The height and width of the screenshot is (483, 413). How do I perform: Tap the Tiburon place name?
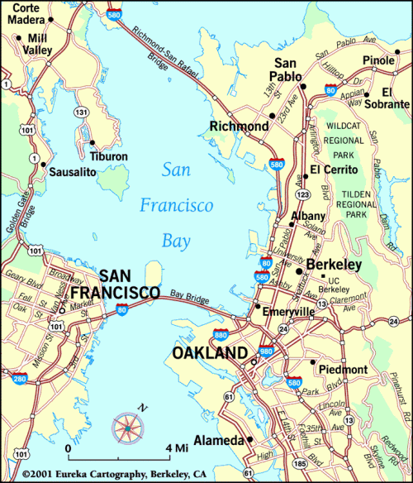point(110,156)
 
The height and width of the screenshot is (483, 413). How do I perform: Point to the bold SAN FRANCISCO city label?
point(116,285)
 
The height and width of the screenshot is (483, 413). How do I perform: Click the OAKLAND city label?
point(209,353)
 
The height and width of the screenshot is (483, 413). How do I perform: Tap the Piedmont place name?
point(338,369)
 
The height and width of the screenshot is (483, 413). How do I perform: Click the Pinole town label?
point(377,61)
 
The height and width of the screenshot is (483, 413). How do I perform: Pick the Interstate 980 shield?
point(266,352)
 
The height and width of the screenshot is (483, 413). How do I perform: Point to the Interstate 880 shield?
point(221,336)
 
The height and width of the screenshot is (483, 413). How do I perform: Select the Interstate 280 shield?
point(18,379)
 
